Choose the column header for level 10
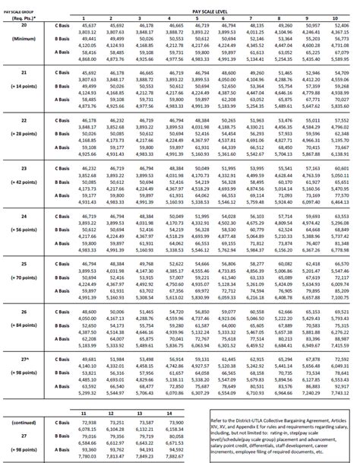click(336, 17)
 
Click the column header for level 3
click(142, 17)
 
